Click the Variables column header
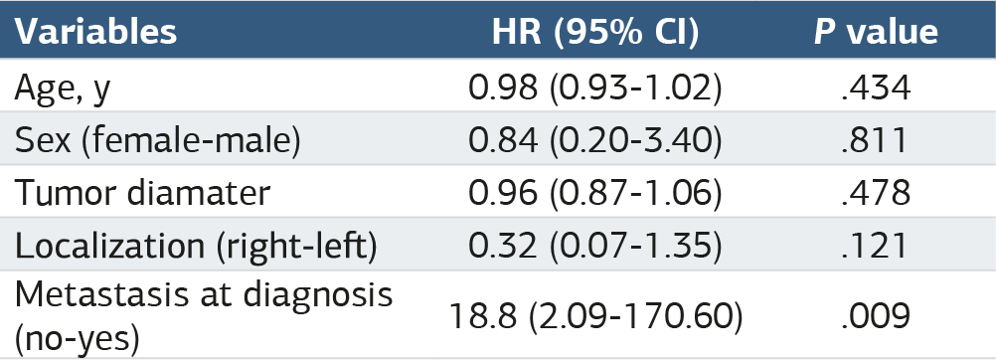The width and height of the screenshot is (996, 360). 95,32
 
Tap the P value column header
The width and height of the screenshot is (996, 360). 876,32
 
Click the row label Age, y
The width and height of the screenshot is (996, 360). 63,88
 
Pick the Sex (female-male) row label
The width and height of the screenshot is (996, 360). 157,140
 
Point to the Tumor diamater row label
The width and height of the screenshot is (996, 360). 142,193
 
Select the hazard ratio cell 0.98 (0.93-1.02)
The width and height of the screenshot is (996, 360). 595,88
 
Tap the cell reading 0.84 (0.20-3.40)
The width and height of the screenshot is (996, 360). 595,140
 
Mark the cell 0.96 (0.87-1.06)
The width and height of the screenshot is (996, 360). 595,193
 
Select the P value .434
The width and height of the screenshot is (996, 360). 876,89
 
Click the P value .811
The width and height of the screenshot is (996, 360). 876,141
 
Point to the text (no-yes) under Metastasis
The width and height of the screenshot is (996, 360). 77,337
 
